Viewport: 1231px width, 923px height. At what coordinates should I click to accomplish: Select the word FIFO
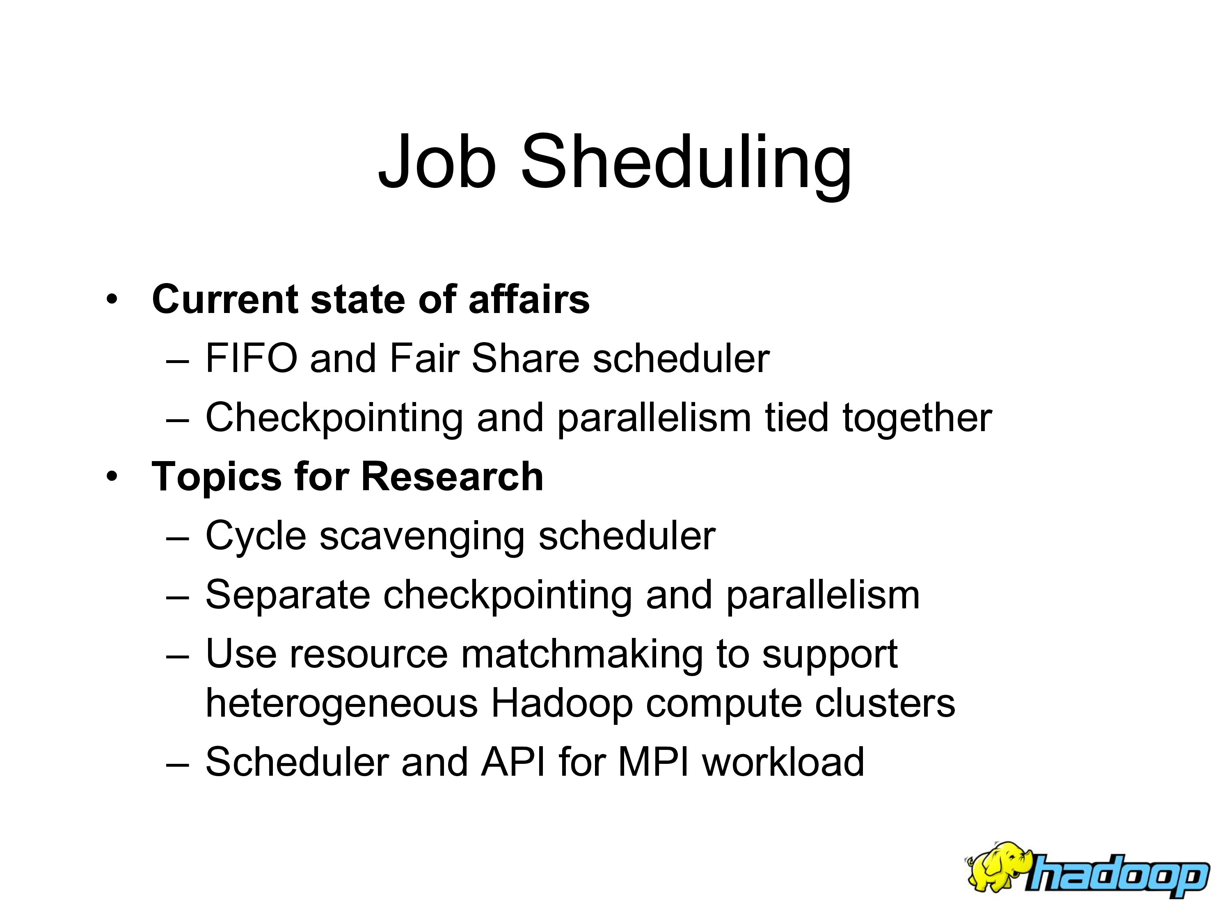point(252,358)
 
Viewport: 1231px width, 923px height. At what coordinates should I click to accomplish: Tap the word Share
point(525,358)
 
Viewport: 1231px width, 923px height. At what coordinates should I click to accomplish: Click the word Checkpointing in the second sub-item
point(334,418)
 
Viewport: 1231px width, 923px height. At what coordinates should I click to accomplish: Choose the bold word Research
point(453,477)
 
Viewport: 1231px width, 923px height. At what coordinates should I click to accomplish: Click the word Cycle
point(256,536)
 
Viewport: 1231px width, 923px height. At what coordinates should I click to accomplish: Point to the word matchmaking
point(582,654)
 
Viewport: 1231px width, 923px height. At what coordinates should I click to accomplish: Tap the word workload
point(784,762)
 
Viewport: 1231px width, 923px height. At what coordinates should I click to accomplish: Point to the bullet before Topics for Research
point(112,477)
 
